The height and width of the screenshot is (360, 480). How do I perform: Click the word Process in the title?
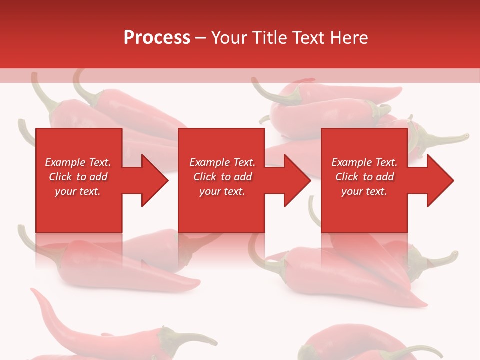pos(157,38)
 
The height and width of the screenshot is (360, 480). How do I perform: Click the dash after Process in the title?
pos(200,38)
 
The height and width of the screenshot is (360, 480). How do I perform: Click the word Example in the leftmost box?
pos(65,162)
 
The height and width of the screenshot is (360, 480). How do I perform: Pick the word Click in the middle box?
pos(204,177)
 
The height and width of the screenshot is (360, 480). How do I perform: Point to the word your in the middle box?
pos(210,191)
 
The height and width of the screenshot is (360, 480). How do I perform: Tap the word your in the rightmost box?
pos(352,191)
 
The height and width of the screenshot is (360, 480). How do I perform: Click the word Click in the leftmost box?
pos(60,177)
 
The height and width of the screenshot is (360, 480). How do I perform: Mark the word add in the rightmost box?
pos(385,177)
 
